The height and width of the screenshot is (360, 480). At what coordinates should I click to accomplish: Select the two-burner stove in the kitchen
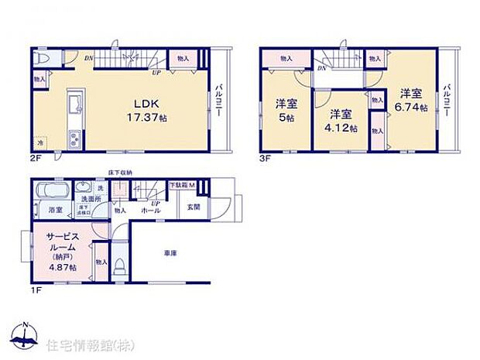75,139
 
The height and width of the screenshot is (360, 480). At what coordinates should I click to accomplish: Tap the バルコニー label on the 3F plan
447,101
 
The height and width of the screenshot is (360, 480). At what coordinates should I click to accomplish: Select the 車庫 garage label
171,254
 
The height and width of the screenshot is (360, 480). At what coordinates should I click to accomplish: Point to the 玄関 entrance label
194,207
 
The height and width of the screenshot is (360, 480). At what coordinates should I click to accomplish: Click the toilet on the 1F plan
118,267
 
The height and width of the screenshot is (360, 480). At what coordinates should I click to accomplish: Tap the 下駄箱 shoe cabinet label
181,186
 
